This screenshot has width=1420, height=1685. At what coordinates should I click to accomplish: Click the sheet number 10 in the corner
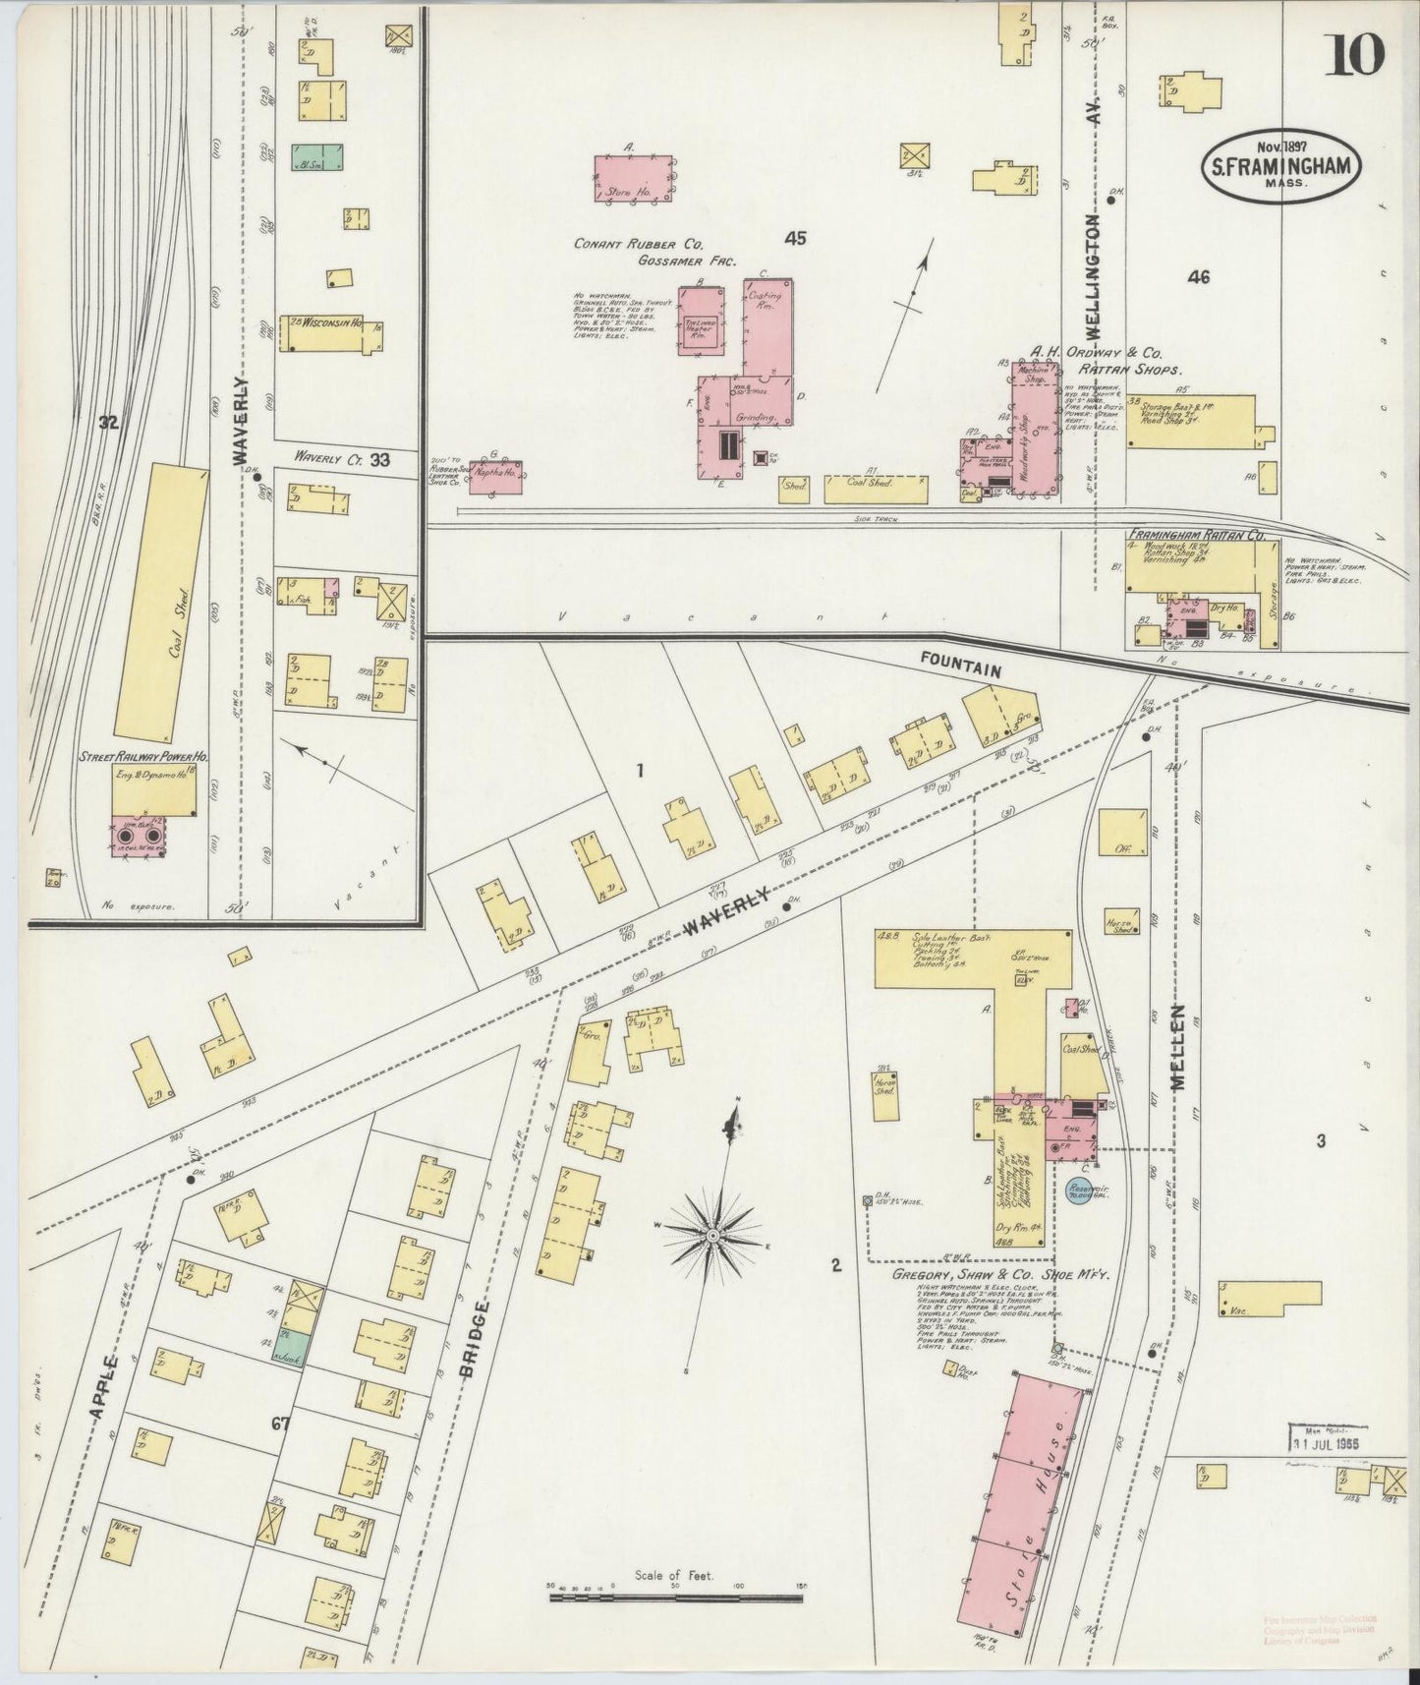click(x=1357, y=54)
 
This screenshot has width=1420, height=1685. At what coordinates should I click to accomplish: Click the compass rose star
click(x=712, y=1233)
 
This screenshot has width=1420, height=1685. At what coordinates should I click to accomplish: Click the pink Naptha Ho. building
click(x=495, y=477)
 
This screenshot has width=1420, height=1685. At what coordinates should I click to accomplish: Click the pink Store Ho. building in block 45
click(x=634, y=179)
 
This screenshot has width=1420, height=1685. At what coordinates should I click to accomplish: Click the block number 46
click(x=1197, y=278)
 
